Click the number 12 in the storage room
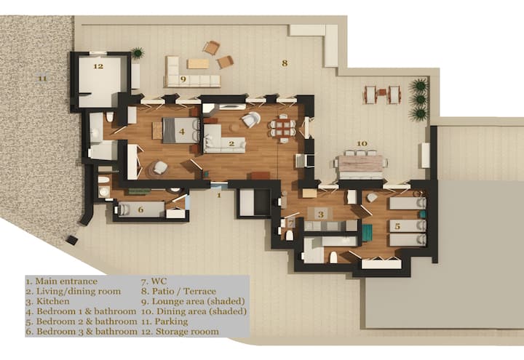[x=98, y=66]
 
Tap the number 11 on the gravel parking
[x=42, y=79]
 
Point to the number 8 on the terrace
[x=285, y=63]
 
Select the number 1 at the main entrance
[x=219, y=195]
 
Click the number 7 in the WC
[x=291, y=222]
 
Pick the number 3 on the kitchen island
[x=320, y=214]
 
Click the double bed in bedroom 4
[x=180, y=131]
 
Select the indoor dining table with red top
[x=284, y=127]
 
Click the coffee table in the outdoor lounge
[x=198, y=64]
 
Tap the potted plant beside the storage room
[x=138, y=53]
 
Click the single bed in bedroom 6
[x=140, y=209]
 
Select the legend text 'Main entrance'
[x=66, y=281]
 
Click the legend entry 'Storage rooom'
[x=187, y=332]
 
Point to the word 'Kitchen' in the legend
[x=53, y=301]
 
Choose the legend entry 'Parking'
[x=171, y=321]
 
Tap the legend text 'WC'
[x=159, y=281]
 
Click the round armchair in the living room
[x=251, y=120]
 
